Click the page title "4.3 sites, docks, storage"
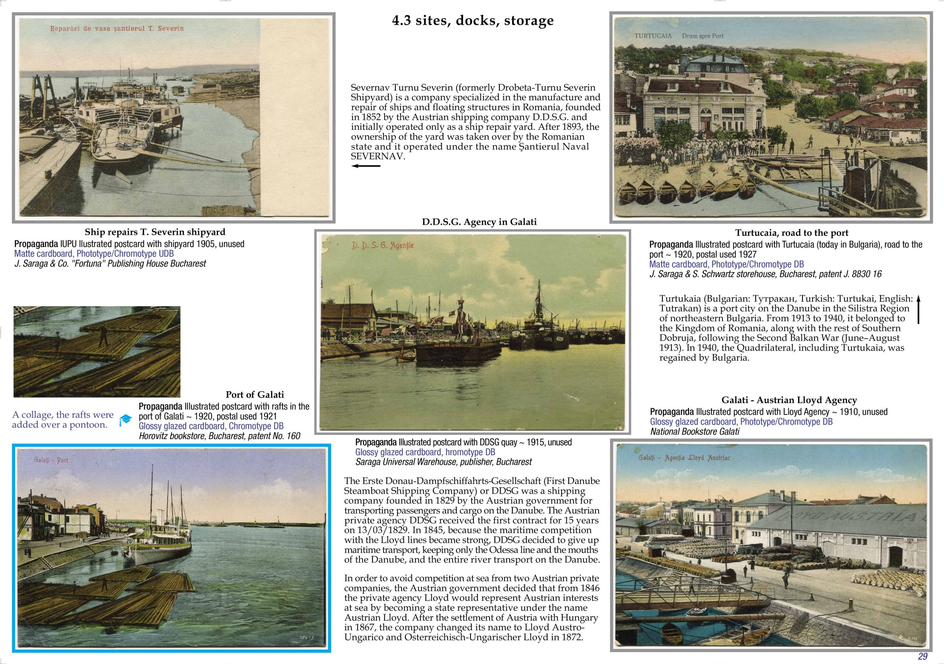click(472, 21)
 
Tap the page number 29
click(923, 656)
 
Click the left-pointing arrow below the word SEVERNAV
click(365, 166)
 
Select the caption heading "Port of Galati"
click(254, 395)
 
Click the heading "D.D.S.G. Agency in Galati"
click(479, 222)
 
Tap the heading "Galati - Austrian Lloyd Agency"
click(789, 400)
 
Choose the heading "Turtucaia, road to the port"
click(791, 233)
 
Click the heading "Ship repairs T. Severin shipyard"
click(155, 232)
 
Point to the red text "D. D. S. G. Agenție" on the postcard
click(382, 246)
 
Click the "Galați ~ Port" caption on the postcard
click(51, 460)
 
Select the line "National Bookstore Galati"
click(694, 431)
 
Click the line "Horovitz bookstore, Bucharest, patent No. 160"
click(219, 436)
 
